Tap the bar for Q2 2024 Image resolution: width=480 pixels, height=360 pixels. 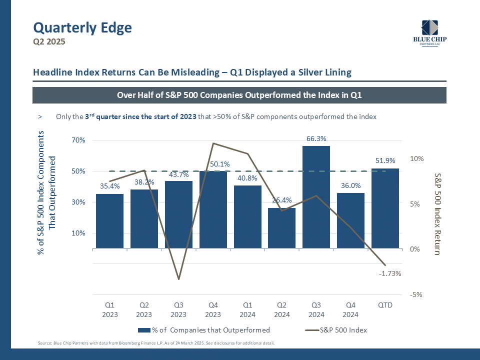coord(281,228)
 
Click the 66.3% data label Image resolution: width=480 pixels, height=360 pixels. coord(316,138)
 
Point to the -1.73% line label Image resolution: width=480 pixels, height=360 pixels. coord(390,273)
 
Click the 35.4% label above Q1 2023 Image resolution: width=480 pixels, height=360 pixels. coord(109,186)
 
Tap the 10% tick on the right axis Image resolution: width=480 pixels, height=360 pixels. coord(417,158)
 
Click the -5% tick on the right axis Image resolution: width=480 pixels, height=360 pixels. coord(416,294)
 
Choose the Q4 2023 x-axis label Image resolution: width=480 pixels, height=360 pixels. coord(212,309)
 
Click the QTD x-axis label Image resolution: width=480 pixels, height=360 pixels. coord(385,305)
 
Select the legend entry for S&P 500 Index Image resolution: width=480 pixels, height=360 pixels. coord(344,330)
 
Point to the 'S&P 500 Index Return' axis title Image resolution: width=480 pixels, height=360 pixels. coord(437,214)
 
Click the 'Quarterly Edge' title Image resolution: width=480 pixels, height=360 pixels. coord(82,28)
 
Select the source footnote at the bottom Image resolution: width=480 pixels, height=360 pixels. coord(156,343)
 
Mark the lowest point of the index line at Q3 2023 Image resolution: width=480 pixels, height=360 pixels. coord(178,279)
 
